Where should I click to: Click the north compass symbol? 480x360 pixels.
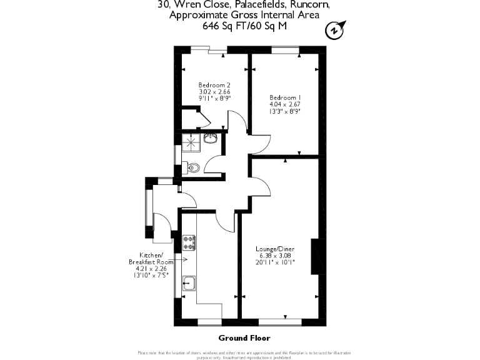tap(336, 29)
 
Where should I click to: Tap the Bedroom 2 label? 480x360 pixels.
tap(210, 85)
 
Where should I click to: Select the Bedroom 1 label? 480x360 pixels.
tap(285, 97)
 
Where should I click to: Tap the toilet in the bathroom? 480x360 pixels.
tap(193, 167)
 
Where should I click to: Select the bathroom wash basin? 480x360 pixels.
tap(211, 138)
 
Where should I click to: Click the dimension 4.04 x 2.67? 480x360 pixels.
tap(285, 104)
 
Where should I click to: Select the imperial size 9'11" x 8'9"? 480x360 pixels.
tap(210, 99)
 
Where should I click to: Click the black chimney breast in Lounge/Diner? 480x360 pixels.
tap(316, 256)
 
